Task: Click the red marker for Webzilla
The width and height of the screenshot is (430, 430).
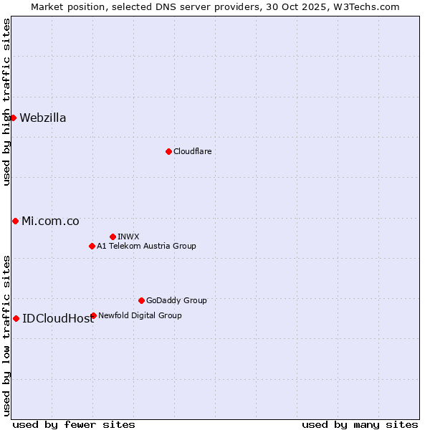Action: tap(13, 118)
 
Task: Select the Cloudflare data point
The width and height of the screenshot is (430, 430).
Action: tap(168, 151)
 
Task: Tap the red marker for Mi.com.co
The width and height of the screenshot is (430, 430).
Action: tap(15, 221)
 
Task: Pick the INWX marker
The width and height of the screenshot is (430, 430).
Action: tap(113, 236)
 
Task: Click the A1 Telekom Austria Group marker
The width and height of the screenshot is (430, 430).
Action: tap(92, 246)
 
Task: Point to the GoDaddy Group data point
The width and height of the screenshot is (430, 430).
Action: tap(141, 300)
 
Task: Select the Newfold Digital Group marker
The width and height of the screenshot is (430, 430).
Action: tap(93, 315)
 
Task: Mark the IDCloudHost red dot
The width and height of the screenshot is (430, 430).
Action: tap(16, 318)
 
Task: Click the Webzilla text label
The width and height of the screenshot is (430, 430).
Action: tap(43, 118)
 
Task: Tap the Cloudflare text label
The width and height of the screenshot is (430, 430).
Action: tap(192, 151)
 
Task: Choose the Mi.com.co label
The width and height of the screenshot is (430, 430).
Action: tap(50, 221)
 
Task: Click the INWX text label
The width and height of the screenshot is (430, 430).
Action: tap(128, 236)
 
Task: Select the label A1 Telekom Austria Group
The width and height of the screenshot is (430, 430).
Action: tap(146, 246)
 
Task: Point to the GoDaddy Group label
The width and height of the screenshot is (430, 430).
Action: tap(176, 300)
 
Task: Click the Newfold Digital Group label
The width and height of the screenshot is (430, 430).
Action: tap(140, 315)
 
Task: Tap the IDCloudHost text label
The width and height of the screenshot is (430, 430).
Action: tap(58, 319)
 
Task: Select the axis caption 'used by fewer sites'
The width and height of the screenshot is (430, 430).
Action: tap(74, 424)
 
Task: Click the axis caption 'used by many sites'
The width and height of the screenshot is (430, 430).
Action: tap(360, 424)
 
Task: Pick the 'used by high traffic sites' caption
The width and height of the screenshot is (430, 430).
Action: tap(6, 102)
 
